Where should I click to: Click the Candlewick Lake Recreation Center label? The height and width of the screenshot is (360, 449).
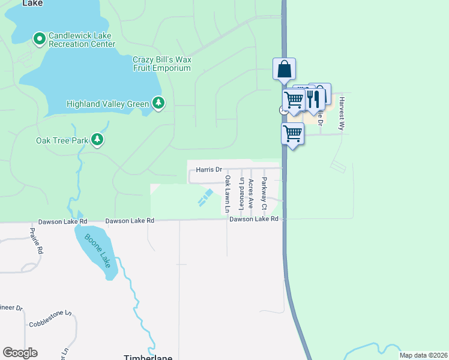[x=82, y=40]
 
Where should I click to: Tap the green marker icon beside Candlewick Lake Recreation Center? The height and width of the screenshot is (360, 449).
[x=40, y=39]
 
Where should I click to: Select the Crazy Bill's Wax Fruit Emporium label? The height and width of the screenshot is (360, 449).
[x=161, y=64]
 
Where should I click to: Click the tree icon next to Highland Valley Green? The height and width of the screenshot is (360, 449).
[x=158, y=104]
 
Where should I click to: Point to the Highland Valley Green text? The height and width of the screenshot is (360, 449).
[x=107, y=104]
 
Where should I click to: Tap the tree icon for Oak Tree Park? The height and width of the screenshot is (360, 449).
[x=97, y=140]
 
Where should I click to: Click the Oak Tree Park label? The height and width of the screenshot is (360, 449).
[x=62, y=141]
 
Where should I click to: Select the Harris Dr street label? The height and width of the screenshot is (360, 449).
[x=209, y=170]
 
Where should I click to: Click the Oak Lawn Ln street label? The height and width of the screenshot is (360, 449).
[x=228, y=194]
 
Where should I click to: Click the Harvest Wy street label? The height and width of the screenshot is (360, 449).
[x=342, y=114]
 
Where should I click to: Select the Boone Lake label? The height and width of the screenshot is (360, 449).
[x=98, y=251]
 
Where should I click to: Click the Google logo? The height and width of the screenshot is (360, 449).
[x=20, y=353]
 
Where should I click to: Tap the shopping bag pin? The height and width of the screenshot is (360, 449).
[x=284, y=69]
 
